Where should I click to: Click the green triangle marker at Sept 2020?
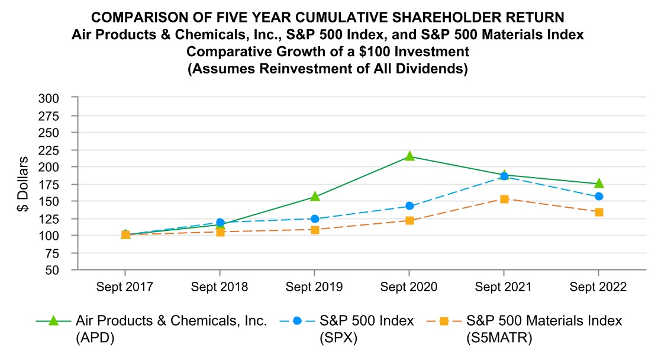[x=409, y=156]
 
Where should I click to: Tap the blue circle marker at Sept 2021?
[x=504, y=176]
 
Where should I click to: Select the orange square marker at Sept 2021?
[x=504, y=199]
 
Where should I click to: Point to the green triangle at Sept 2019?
[x=315, y=196]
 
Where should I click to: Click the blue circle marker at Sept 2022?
[x=599, y=196]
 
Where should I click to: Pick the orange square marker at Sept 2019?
[x=315, y=230]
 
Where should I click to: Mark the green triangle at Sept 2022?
[x=599, y=184]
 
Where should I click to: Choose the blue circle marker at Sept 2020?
[x=409, y=206]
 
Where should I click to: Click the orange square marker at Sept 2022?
[x=599, y=212]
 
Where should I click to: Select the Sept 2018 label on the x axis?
[x=220, y=287]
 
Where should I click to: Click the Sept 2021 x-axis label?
[x=504, y=287]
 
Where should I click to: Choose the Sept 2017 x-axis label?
[x=125, y=287]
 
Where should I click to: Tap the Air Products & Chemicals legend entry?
[x=172, y=327]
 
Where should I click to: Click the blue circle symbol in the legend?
[x=297, y=321]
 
